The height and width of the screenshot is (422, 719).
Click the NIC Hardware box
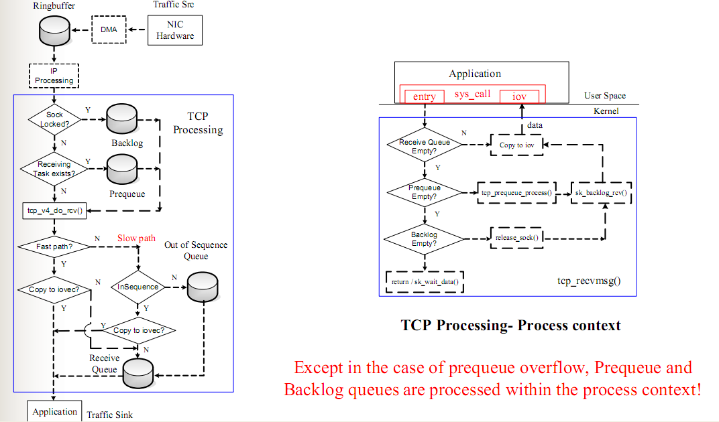coord(175,30)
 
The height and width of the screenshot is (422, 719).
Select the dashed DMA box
coord(108,30)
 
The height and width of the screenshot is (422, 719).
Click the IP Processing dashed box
coord(54,76)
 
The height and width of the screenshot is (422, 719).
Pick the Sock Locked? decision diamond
coord(54,119)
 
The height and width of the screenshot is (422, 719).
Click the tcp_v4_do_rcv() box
coord(55,212)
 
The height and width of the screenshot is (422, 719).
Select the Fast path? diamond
coord(54,247)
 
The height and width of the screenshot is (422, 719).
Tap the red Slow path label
coord(136,238)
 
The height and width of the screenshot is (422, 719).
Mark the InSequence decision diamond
coord(138,287)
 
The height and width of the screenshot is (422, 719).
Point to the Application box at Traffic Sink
coord(54,411)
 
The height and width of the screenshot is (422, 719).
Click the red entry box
coord(425,96)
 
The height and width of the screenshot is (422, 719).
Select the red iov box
coord(519,96)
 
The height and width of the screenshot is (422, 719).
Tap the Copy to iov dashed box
coord(516,145)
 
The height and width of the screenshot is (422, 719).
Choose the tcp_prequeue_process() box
coord(516,193)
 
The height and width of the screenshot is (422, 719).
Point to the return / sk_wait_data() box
coord(425,281)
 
